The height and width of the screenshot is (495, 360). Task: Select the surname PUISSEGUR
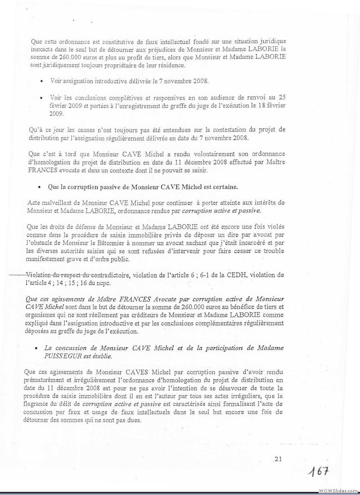pos(62,355)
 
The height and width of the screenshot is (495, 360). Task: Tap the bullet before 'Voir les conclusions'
pos(41,97)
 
